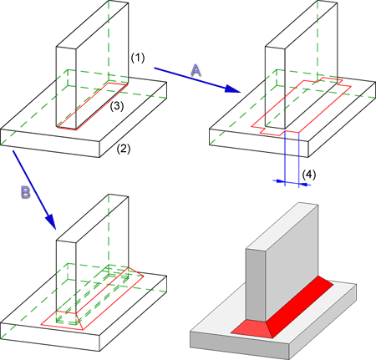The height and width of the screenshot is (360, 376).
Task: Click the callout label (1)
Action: tap(138, 58)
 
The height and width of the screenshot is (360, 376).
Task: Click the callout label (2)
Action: tap(124, 149)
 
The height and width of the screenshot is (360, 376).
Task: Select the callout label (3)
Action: tap(117, 106)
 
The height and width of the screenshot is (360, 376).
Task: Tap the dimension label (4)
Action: tap(309, 175)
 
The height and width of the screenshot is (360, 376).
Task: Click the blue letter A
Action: tap(196, 70)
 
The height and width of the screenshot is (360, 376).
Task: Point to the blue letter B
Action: tap(25, 192)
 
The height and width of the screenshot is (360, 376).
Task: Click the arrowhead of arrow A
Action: tap(232, 89)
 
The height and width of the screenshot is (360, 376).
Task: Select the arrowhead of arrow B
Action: tap(52, 222)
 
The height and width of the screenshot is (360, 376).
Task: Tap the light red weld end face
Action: tap(252, 329)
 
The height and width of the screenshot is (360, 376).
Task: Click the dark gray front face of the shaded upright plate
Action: tap(256, 284)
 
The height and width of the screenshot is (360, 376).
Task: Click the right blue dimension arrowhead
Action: tap(305, 184)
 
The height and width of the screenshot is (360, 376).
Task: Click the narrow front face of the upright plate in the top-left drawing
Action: tap(66, 87)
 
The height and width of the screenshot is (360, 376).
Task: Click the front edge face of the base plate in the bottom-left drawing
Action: tap(50, 337)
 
